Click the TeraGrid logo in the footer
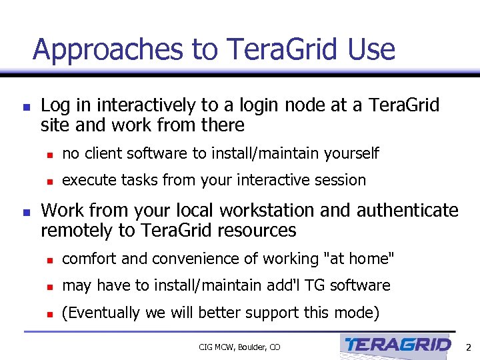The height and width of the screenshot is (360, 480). [x=398, y=345]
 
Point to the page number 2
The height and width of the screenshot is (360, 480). [x=468, y=347]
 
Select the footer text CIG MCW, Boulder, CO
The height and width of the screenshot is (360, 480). [x=239, y=347]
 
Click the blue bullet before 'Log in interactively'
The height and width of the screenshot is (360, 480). [x=25, y=107]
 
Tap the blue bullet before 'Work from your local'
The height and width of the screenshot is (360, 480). [x=25, y=212]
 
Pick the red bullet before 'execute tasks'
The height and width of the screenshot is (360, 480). [x=50, y=181]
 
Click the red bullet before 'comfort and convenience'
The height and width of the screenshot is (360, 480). [x=50, y=259]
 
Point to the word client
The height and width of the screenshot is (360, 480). [x=103, y=153]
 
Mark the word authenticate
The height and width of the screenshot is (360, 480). [x=407, y=211]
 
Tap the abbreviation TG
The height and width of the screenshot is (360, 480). [x=311, y=285]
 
